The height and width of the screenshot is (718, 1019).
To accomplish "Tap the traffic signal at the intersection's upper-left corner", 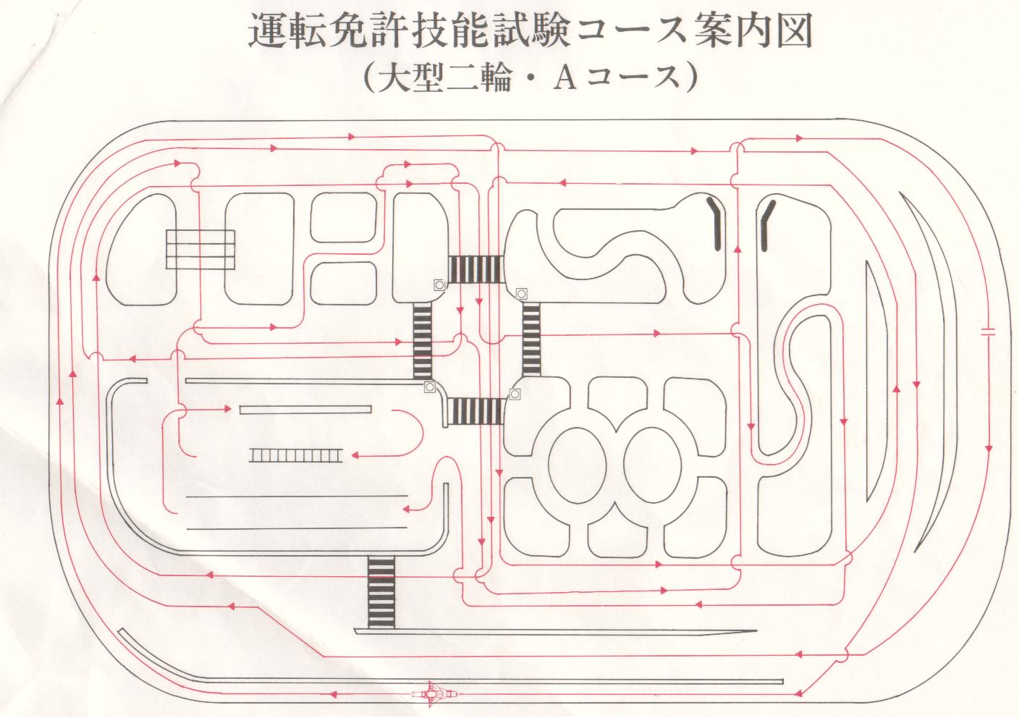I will pos(439,285).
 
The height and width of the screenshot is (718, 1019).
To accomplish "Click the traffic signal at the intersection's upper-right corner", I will pos(521,293).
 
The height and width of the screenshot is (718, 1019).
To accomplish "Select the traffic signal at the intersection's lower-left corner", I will pos(430,387).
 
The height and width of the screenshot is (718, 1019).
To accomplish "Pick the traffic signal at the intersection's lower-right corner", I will pos(515,394).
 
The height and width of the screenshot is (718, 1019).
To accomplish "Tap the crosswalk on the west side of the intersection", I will pos(422,340).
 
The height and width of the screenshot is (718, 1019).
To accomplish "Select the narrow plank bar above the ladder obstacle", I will pos(305,410).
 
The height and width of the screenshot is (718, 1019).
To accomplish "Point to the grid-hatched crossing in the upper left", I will pos(200,249).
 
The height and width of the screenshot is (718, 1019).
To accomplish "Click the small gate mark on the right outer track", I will pos(988,334).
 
